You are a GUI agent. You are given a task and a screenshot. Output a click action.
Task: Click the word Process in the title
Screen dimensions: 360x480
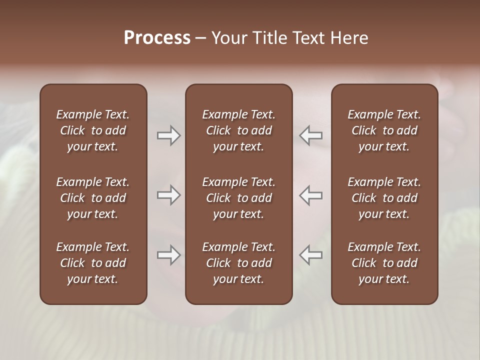(x=157, y=38)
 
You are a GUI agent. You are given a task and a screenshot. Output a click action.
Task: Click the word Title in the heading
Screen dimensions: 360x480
(x=269, y=38)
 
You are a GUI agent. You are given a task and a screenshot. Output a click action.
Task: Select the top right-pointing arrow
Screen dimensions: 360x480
(x=168, y=135)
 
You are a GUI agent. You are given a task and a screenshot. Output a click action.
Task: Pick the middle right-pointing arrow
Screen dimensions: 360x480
(x=168, y=195)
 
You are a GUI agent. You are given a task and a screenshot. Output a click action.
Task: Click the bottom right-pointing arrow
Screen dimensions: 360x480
(x=168, y=255)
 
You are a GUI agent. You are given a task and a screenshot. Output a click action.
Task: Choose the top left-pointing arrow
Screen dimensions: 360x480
(x=310, y=135)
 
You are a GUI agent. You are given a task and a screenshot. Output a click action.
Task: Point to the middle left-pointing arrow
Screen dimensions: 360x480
(x=310, y=195)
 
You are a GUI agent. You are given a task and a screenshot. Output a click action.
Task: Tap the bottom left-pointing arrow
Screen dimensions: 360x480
(x=310, y=255)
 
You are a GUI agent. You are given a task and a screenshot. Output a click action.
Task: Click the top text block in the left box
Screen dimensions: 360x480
(x=93, y=130)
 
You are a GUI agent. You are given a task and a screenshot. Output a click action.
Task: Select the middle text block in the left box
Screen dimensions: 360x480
(x=93, y=198)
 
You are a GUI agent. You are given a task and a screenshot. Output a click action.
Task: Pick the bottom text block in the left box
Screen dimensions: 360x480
(x=93, y=263)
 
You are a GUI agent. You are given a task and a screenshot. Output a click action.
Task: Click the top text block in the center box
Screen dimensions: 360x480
(x=238, y=130)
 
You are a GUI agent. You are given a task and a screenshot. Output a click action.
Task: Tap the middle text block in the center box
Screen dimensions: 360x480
(x=238, y=198)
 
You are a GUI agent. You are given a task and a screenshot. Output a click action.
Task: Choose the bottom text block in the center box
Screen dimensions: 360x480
(x=238, y=263)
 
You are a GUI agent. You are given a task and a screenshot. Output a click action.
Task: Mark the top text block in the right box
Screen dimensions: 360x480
(x=384, y=130)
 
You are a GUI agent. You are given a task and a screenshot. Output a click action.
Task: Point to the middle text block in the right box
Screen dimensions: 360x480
(x=384, y=198)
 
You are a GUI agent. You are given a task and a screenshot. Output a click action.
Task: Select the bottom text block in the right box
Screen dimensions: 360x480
(x=384, y=263)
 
